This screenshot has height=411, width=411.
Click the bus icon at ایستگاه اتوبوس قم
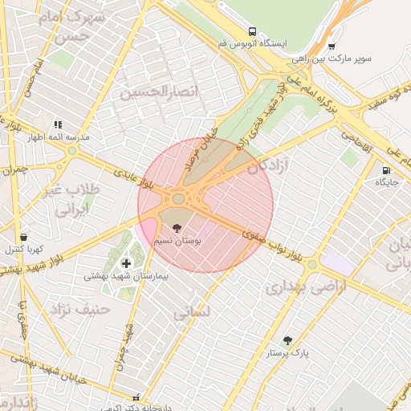pos(253,31)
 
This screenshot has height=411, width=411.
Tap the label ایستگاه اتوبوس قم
pos(252,43)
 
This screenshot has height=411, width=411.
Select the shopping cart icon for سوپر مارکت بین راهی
pos(331,47)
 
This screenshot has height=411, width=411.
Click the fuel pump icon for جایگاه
pos(387,170)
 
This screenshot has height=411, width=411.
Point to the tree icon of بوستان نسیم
pos(177,228)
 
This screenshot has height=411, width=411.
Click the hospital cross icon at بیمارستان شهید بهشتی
pos(126,263)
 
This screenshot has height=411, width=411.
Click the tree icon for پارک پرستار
pos(287,340)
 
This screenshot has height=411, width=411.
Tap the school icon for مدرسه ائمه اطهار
pos(58,124)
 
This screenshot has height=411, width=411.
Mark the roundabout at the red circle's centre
pos(178,198)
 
